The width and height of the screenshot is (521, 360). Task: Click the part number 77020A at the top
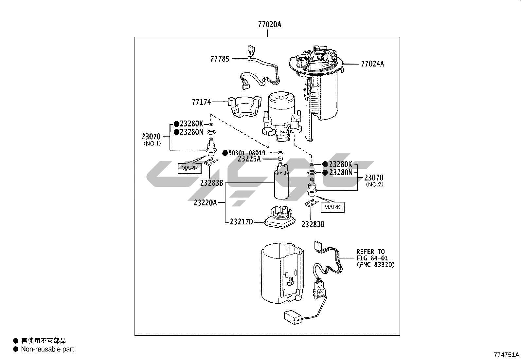pos(270,25)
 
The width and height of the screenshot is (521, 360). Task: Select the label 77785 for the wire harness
pos(220,59)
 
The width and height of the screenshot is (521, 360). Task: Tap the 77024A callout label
pos(372,64)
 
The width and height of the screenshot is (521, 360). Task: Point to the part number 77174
pos(201,102)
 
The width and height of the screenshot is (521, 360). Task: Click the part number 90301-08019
pos(247,153)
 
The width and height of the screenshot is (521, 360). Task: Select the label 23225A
pos(249,159)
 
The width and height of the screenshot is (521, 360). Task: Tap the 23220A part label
pos(205,203)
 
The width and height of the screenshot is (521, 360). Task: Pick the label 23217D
pos(242,222)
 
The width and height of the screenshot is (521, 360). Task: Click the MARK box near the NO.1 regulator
pos(189,168)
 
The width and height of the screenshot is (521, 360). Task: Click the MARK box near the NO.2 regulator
pos(332,207)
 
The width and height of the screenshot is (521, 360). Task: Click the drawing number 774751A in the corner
pos(507,355)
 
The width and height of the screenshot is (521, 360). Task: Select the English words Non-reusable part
pos(47,349)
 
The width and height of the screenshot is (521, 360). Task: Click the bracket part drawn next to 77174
pos(244,106)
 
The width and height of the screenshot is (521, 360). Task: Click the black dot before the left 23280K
pos(176,124)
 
